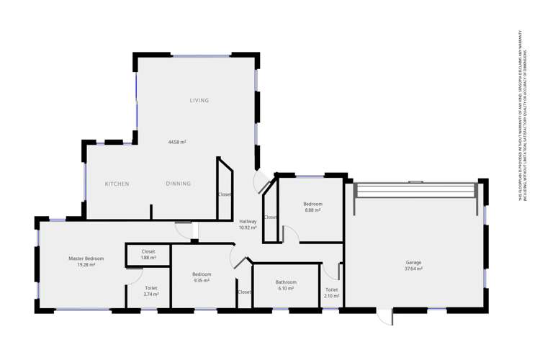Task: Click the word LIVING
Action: point(199,100)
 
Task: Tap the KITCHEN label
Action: point(117,184)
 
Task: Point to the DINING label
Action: point(179,184)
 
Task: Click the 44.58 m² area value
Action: point(177,143)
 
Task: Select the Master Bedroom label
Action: point(86,258)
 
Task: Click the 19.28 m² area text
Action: point(86,265)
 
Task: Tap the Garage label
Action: point(413,263)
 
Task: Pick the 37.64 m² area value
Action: point(413,269)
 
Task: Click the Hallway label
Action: point(248,221)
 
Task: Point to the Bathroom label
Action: point(285,282)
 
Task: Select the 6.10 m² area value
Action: point(285,289)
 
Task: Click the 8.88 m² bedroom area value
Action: point(312,210)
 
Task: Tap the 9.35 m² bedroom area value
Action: point(201,281)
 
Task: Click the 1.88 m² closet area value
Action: point(148,258)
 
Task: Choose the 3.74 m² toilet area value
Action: point(150,294)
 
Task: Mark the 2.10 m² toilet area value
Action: point(330,295)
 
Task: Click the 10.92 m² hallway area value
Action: point(248,228)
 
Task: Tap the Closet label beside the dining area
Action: point(225,194)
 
